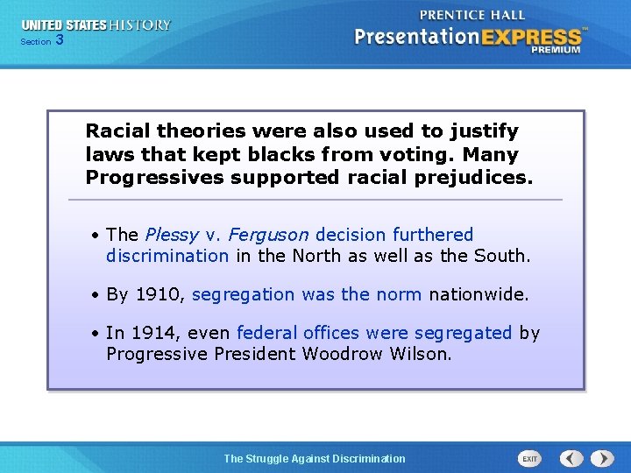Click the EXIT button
pos(529,458)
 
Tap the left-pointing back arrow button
pos(571,458)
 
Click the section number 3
pos(59,39)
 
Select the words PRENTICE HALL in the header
pos(472,15)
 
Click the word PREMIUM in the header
pos(555,50)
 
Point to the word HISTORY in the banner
pos(139,25)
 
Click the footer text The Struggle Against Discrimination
pos(315,458)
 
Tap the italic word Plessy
pos(172,235)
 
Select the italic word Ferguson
pos(269,235)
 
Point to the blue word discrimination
pos(167,256)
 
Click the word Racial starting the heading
pos(117,131)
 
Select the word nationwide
pos(478,294)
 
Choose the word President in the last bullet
pos(255,354)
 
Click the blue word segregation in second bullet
pos(244,294)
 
